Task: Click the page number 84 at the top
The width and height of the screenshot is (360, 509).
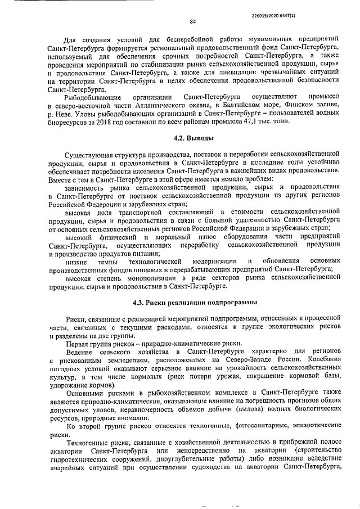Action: tap(192, 22)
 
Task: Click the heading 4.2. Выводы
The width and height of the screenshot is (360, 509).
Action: tap(192, 137)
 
